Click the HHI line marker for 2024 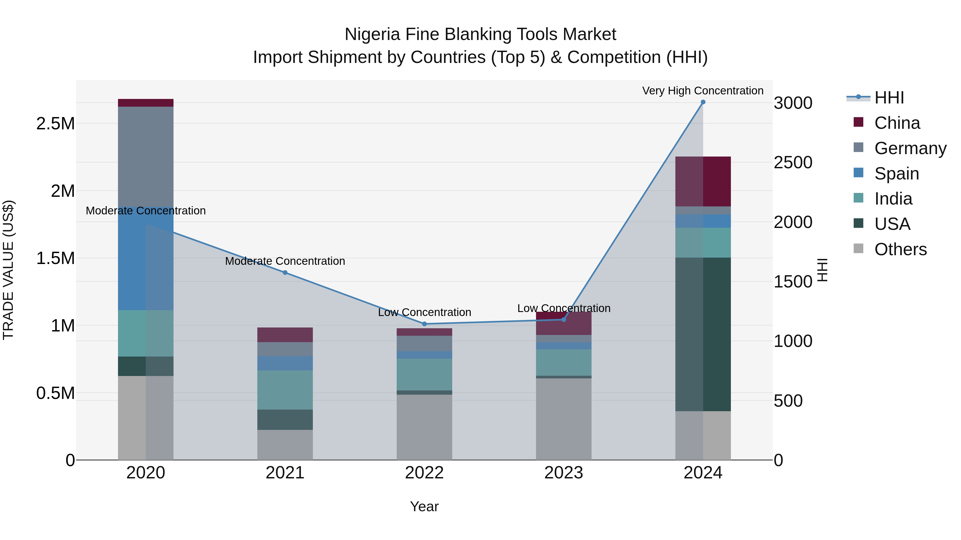tap(703, 102)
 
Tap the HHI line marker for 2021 tap(285, 273)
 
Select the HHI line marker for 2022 tap(424, 324)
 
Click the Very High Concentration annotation tap(703, 91)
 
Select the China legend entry tap(897, 123)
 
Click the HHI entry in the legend tap(889, 98)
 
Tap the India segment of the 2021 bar tap(285, 390)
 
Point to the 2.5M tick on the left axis tap(56, 123)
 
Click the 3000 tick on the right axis tap(793, 103)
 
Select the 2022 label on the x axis tap(424, 473)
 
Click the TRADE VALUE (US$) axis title tap(8, 270)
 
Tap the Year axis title tap(424, 506)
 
